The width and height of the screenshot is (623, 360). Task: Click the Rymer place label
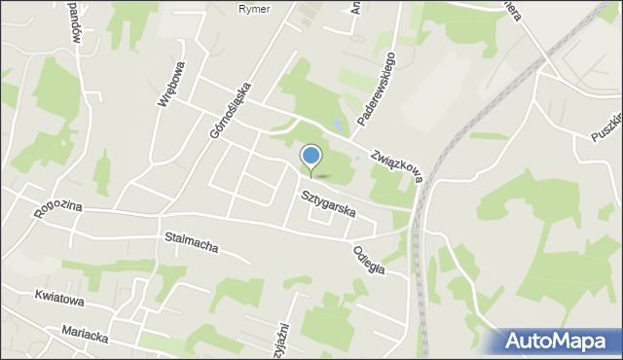[254, 9]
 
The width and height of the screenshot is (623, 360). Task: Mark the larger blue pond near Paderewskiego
[336, 126]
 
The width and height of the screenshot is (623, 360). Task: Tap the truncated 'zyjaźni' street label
[283, 340]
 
